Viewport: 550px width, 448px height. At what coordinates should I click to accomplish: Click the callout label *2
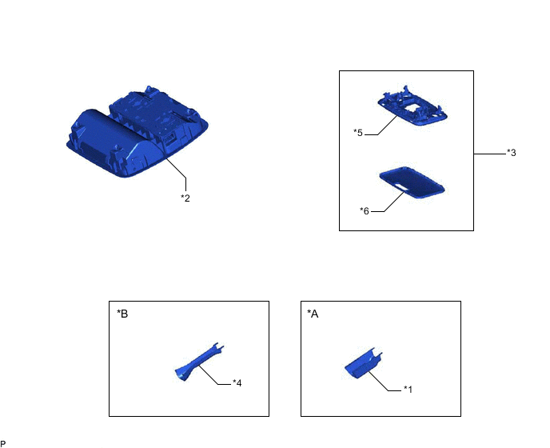pos(185,198)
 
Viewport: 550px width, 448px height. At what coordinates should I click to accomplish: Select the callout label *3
pos(512,153)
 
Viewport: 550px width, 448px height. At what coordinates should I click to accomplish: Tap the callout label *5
pos(358,133)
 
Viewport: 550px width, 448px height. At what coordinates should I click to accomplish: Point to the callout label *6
pos(365,210)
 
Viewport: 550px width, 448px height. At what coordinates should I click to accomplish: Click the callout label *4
pos(237,383)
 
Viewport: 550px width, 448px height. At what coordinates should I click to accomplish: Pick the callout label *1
pos(408,390)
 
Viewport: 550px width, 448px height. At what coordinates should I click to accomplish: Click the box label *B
pos(122,314)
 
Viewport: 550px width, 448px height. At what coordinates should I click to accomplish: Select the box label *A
pos(313,314)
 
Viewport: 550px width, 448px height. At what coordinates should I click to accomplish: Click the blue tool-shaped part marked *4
pos(199,362)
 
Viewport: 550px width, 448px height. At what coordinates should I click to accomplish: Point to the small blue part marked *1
pos(364,363)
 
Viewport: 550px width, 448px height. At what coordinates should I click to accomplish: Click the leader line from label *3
pos(490,154)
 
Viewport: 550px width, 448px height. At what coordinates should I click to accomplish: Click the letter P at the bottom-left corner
pos(3,444)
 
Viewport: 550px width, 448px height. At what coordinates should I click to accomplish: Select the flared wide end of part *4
pos(181,374)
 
